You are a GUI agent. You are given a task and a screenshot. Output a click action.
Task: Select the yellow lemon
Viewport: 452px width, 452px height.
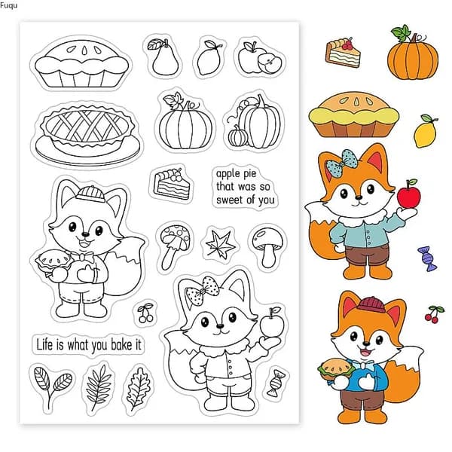coord(425,131)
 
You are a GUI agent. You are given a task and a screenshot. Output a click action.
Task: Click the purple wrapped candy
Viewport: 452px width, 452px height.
coord(427,258)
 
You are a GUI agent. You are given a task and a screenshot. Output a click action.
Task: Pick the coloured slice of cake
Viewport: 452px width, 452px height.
coord(343,53)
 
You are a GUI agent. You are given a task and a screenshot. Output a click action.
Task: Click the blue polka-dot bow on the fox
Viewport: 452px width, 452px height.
coord(341,163)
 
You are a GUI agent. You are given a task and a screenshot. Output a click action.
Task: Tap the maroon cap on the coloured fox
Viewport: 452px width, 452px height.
coord(371,305)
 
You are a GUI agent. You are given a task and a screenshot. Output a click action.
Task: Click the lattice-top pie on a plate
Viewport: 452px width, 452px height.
coord(87,135)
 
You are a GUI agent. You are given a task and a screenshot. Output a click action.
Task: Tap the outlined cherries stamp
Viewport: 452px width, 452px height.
coord(145,313)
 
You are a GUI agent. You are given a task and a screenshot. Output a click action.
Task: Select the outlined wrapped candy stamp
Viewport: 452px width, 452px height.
coord(276,383)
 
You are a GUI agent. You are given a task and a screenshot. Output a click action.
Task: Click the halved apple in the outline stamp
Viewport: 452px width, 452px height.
coord(270,63)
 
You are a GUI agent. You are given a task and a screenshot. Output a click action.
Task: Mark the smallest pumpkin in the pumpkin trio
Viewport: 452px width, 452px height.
coord(238,136)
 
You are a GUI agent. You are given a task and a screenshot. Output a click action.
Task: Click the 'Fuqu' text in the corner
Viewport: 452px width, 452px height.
coord(8,5)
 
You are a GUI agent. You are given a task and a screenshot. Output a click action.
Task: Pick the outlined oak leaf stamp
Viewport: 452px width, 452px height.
coord(139,388)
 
